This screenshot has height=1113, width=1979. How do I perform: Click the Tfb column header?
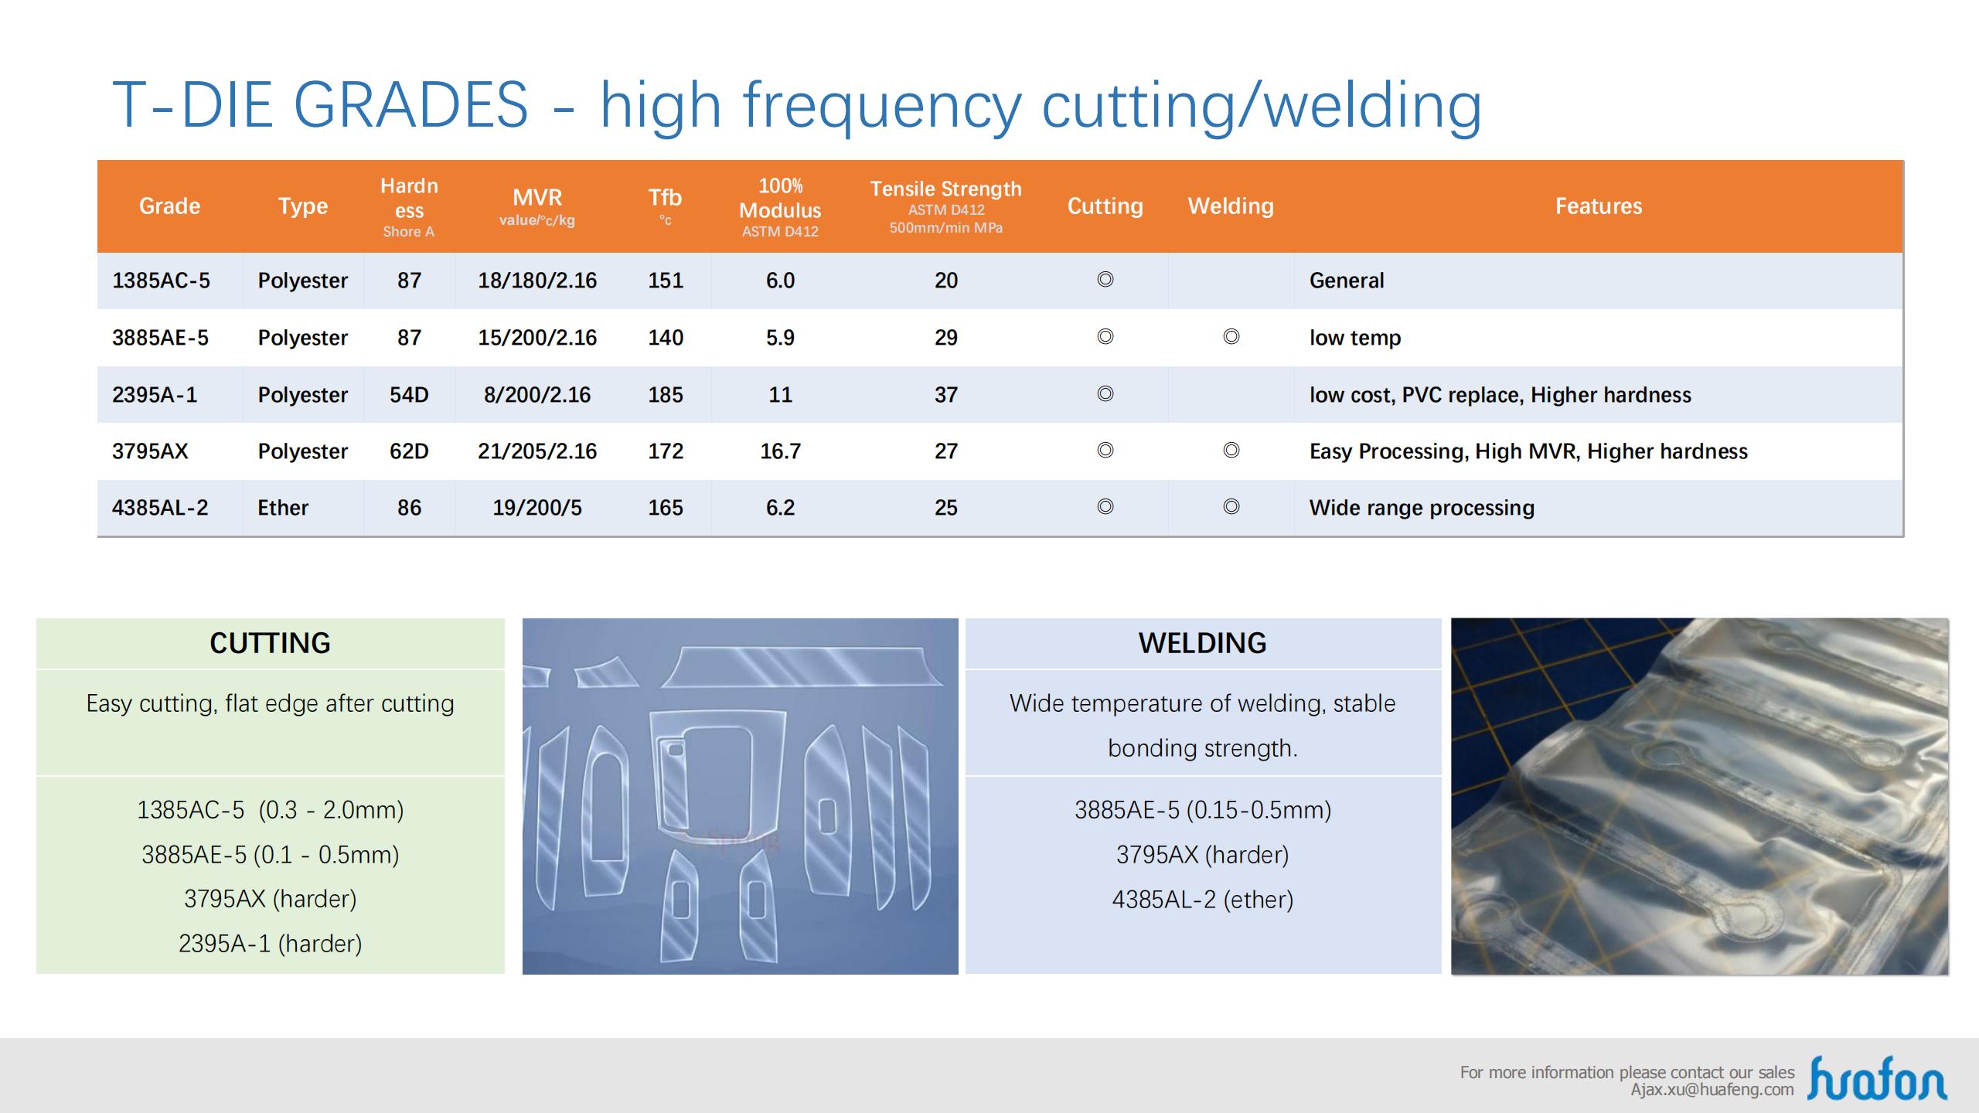(665, 205)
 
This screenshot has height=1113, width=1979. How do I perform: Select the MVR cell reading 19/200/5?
(537, 508)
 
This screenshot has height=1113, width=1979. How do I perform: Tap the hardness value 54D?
(409, 395)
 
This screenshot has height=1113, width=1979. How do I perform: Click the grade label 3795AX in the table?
(150, 451)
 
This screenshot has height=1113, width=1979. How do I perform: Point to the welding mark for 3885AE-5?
(1231, 336)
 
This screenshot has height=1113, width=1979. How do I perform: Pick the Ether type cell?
(283, 508)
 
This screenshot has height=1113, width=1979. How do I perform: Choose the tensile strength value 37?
(946, 395)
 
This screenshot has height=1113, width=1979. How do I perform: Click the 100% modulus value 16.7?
(780, 451)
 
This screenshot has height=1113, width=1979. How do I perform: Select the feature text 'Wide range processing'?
(1422, 508)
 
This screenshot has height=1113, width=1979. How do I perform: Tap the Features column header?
(1599, 206)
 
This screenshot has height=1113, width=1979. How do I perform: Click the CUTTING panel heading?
(270, 643)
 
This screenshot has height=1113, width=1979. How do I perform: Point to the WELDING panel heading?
(1202, 643)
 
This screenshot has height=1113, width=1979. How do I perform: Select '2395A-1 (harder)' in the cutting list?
(270, 944)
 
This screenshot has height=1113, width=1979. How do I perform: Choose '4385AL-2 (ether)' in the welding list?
(1202, 900)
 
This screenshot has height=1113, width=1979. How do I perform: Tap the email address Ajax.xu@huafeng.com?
(1712, 1090)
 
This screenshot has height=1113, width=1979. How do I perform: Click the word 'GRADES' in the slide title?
(410, 104)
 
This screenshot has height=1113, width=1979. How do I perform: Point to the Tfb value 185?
(665, 395)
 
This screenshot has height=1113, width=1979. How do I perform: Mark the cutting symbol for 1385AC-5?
(1105, 279)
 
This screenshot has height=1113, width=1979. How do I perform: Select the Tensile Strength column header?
(945, 206)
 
